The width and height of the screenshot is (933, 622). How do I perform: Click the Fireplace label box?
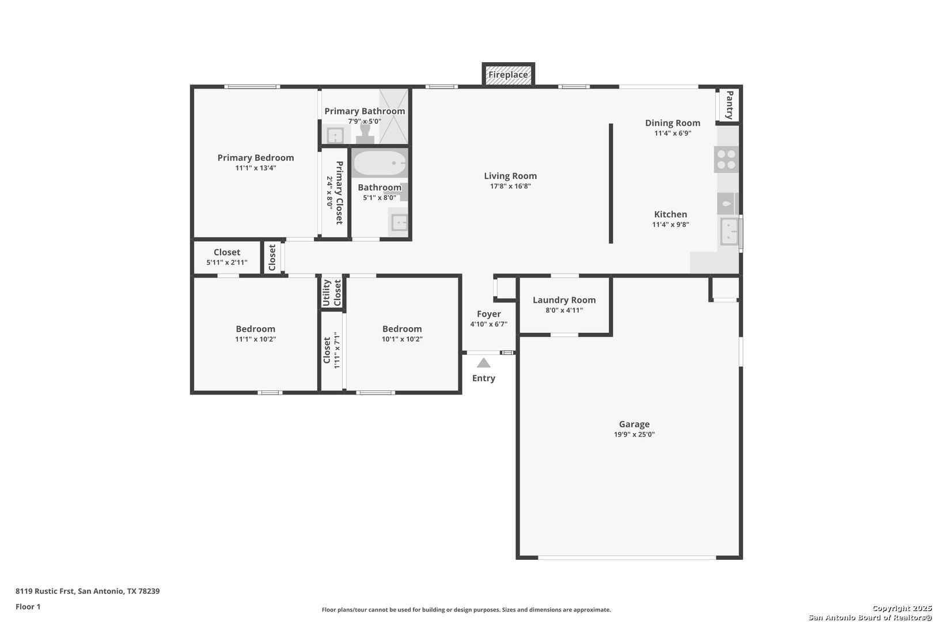(508, 74)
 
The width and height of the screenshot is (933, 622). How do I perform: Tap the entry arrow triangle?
(484, 363)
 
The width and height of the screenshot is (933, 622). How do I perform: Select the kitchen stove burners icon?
(726, 159)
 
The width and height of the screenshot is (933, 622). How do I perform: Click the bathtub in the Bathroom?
(380, 163)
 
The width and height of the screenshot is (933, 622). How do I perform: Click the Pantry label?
(730, 105)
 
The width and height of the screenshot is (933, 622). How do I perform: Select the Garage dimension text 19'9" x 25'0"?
(634, 434)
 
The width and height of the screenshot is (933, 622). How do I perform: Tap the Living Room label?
(510, 176)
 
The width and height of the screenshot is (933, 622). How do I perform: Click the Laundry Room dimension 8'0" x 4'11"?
(564, 310)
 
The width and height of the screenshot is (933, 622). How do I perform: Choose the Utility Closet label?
(332, 293)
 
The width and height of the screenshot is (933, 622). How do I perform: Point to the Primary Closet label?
(339, 192)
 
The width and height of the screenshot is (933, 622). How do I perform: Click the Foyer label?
(488, 314)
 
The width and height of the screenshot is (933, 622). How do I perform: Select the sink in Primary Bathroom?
(335, 135)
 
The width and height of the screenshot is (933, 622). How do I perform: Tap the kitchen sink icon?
(729, 232)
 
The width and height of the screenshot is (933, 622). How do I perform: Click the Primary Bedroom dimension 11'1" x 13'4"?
(256, 168)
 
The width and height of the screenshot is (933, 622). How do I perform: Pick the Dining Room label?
(673, 123)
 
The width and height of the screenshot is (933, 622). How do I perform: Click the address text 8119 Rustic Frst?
(45, 591)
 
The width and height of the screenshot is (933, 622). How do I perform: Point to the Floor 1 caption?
(28, 606)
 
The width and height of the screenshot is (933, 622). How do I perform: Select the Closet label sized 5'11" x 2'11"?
(227, 252)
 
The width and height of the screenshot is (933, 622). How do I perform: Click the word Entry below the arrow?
(484, 378)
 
